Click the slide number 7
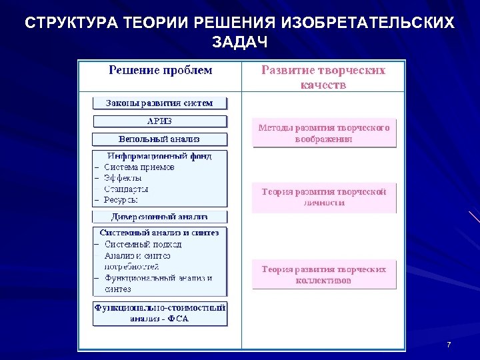(x=449, y=345)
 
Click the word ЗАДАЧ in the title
(x=240, y=43)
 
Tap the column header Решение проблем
(x=160, y=70)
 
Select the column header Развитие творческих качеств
(x=323, y=77)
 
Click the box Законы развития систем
(x=160, y=103)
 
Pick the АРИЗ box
(x=160, y=121)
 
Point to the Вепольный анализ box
(x=160, y=139)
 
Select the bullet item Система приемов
(x=139, y=167)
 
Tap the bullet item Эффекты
(x=123, y=178)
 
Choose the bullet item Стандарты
(x=126, y=189)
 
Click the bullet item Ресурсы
(x=121, y=199)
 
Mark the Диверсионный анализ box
(x=160, y=217)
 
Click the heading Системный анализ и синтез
(x=160, y=233)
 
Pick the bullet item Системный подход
(x=143, y=244)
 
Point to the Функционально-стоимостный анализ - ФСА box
(x=160, y=313)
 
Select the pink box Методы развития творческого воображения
(x=324, y=133)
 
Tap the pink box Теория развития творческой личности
(x=324, y=197)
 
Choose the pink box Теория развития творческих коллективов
(x=324, y=275)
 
